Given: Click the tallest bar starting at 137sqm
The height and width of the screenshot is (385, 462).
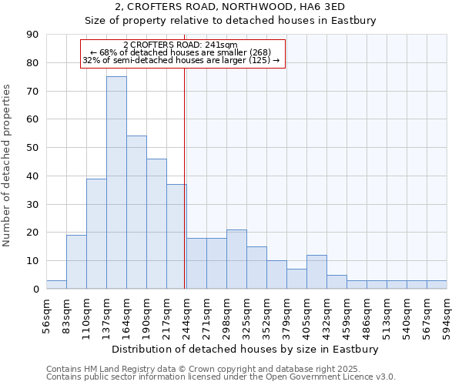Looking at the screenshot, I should coord(116,182).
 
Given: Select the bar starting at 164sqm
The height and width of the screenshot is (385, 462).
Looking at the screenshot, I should coord(136,213).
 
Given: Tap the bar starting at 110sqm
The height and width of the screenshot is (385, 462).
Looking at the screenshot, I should coord(96,233).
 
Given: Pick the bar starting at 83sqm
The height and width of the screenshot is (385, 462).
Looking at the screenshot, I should coord(76,262).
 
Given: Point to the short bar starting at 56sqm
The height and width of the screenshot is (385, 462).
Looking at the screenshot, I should coord(56,285).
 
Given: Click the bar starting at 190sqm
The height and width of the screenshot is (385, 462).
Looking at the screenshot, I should coord(156,223).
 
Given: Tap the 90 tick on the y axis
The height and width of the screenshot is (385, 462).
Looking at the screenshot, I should coord(32,35).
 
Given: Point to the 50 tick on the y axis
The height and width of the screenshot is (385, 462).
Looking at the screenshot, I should coord(32,148).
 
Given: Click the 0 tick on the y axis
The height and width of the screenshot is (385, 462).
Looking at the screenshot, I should coord(35,290).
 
